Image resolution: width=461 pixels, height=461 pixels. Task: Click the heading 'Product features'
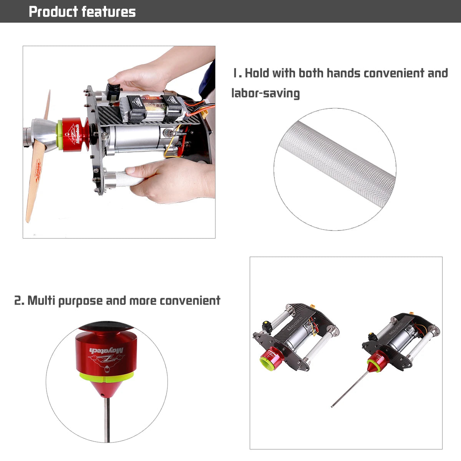(x=82, y=12)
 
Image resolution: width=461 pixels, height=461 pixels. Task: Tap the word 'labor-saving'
(x=265, y=93)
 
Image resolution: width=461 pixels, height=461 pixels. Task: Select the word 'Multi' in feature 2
(x=41, y=300)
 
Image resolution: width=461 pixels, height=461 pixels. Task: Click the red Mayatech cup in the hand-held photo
(x=75, y=134)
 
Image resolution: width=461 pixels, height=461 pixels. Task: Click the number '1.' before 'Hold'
(x=237, y=73)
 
